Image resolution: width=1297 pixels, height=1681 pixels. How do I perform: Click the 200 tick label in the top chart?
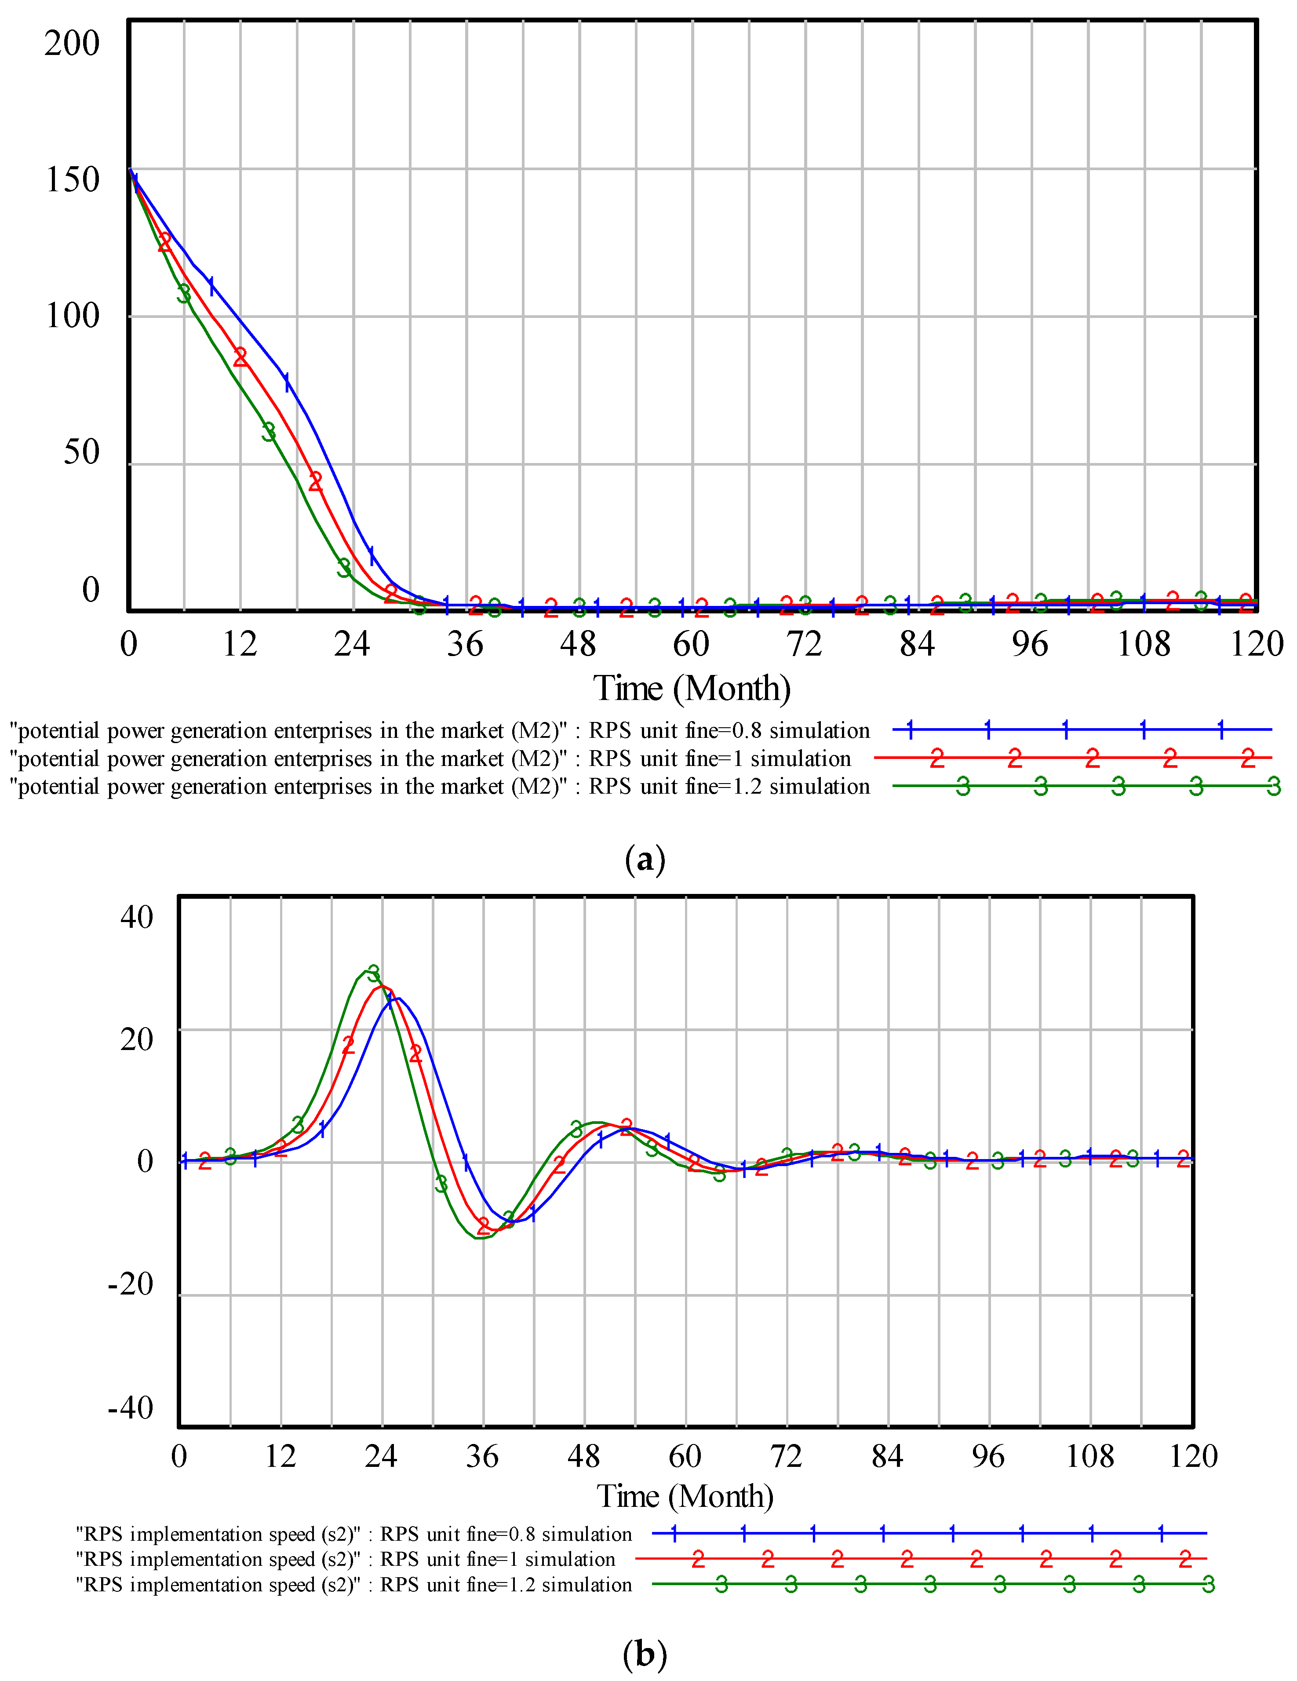click(72, 43)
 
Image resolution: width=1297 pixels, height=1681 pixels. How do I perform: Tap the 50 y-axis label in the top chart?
click(81, 452)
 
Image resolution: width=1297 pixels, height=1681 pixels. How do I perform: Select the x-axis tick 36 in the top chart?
click(465, 643)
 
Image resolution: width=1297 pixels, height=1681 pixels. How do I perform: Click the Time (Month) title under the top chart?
click(691, 688)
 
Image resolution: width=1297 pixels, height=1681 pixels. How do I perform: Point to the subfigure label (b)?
click(645, 1653)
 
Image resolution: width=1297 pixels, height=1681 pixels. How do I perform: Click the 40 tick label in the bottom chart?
click(136, 918)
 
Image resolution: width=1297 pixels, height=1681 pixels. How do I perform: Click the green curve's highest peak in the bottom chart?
click(366, 970)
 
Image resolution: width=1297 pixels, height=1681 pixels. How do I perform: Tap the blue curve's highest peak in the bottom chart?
click(398, 998)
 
